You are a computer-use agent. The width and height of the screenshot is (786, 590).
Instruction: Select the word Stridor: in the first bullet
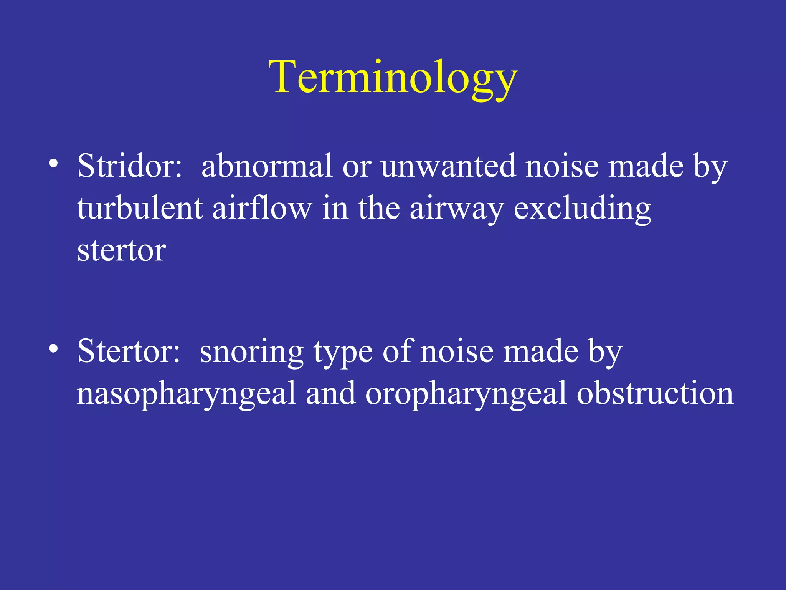[130, 166]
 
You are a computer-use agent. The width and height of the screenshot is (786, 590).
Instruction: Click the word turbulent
[140, 208]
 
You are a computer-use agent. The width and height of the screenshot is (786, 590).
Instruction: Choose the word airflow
[262, 208]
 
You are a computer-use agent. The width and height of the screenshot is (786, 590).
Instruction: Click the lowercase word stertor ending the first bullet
[122, 250]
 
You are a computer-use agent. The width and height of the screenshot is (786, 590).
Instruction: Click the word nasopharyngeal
[186, 394]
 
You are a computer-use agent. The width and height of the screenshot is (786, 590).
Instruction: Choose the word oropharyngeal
[466, 394]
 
